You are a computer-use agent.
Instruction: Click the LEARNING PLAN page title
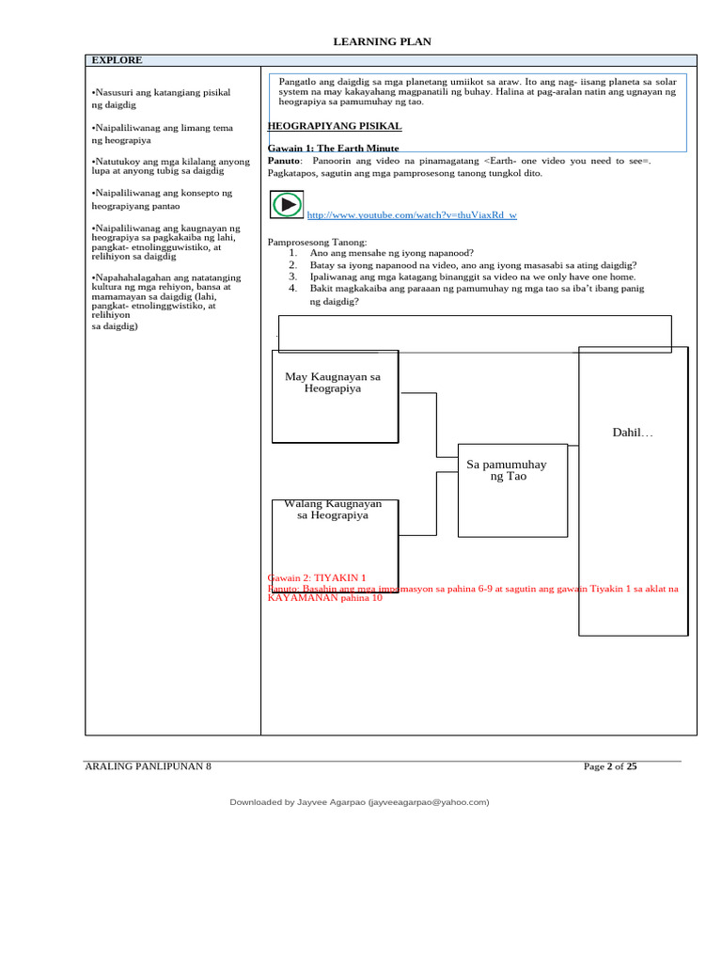383,42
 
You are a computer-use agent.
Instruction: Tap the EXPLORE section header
117,60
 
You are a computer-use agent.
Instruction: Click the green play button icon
286,204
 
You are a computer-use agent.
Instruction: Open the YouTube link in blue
412,215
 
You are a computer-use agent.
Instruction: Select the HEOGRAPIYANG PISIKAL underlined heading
335,126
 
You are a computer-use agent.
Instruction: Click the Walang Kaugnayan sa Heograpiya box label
333,510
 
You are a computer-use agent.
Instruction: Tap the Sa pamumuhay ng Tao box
507,470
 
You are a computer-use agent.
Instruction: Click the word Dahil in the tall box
632,433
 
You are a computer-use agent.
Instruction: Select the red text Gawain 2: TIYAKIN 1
317,577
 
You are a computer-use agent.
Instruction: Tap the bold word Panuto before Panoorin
286,161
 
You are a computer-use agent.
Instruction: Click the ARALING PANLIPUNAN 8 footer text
149,766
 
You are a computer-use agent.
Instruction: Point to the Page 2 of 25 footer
610,766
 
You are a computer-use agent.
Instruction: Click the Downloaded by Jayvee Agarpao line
360,802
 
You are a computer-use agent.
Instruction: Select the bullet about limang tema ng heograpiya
162,134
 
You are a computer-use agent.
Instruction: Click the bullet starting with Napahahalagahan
165,302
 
